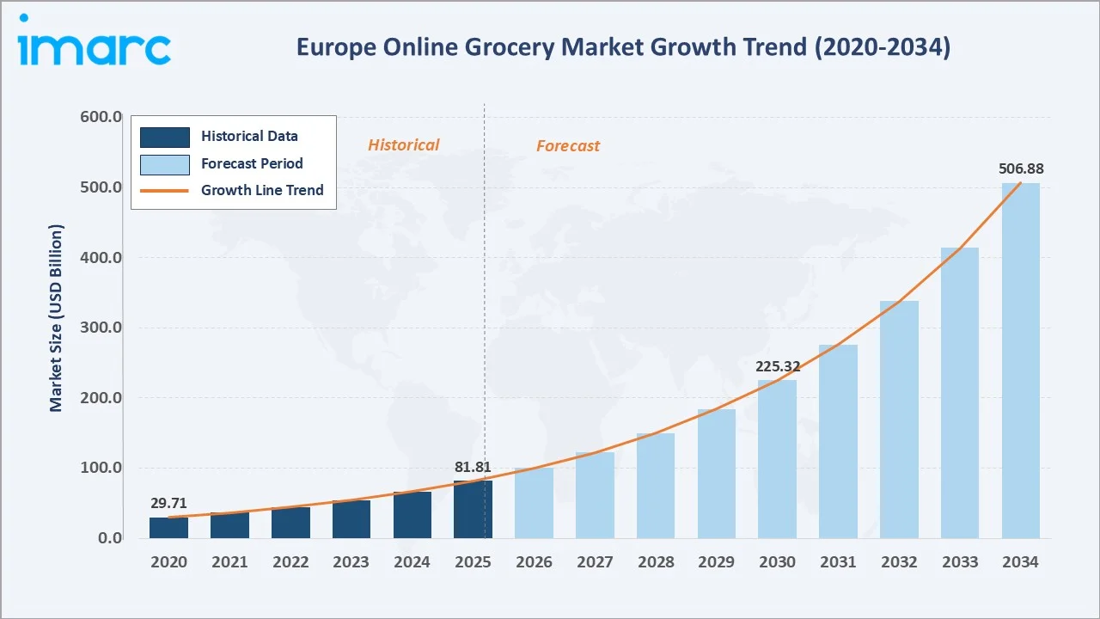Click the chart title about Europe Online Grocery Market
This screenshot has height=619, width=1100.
pyautogui.click(x=623, y=48)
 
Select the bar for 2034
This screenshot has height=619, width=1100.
pyautogui.click(x=1020, y=360)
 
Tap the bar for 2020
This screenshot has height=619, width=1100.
pyautogui.click(x=168, y=528)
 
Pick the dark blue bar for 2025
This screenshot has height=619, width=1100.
pyautogui.click(x=473, y=510)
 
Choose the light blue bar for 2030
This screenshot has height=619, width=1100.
pyautogui.click(x=777, y=459)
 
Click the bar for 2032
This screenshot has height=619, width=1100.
pyautogui.click(x=899, y=420)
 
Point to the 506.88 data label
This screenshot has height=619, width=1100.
pyautogui.click(x=1021, y=169)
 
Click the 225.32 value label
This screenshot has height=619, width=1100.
pyautogui.click(x=777, y=366)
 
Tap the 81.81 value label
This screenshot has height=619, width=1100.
pyautogui.click(x=473, y=468)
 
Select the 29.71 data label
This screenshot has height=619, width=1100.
pyautogui.click(x=168, y=504)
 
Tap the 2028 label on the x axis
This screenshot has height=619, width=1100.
pyautogui.click(x=655, y=562)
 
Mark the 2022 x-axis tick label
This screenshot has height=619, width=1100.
pyautogui.click(x=290, y=562)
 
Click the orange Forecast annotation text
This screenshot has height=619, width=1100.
pyautogui.click(x=568, y=146)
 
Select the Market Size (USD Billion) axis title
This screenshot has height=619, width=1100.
pyautogui.click(x=57, y=318)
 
